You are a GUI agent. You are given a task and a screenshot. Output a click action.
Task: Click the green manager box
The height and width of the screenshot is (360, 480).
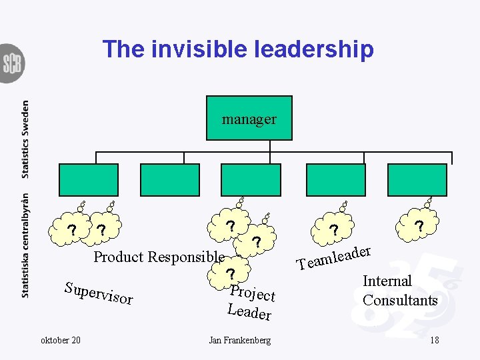pos(249,119)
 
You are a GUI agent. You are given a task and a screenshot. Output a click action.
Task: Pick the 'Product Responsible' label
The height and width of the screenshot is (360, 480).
pos(159,257)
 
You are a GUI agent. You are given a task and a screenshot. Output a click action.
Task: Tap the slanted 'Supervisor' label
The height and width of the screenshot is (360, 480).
pos(99,294)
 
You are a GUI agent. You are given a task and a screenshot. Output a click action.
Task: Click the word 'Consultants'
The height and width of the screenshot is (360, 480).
pos(400,300)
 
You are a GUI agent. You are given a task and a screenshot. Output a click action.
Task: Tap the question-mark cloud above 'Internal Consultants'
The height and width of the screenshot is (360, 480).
pos(419,227)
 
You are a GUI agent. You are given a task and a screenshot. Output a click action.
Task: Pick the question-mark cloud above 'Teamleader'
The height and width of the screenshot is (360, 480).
pos(334,230)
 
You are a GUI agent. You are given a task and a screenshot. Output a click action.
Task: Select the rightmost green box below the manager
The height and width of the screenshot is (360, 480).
pos(420,179)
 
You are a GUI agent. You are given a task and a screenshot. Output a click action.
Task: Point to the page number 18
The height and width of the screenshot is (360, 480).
pos(434,340)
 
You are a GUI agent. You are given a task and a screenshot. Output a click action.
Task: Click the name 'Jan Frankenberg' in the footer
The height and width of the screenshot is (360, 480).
pos(240,340)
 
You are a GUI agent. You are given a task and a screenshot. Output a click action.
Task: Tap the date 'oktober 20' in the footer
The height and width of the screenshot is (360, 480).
pos(61,340)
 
